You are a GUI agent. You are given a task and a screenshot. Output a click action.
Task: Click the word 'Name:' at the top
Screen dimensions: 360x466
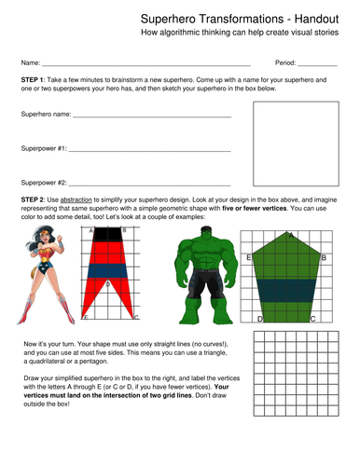point(31,62)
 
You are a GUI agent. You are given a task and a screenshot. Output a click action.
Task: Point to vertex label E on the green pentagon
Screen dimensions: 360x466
point(248,256)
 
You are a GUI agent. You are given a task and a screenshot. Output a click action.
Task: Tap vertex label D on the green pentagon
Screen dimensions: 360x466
point(259,318)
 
